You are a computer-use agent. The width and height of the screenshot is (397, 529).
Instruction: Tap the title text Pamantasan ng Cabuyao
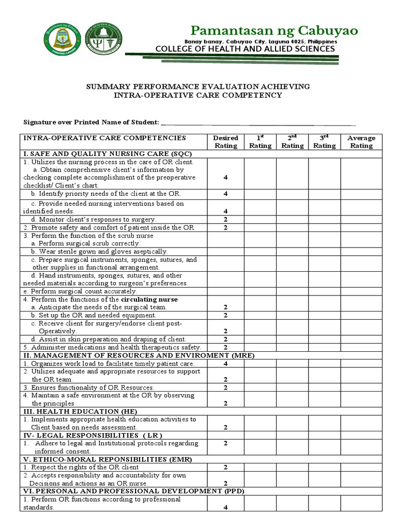[x=274, y=30]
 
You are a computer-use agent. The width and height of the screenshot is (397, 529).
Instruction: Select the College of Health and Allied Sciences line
[x=245, y=49]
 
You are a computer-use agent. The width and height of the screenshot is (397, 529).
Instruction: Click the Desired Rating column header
[x=226, y=142]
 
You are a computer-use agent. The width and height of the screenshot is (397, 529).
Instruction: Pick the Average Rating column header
[x=361, y=142]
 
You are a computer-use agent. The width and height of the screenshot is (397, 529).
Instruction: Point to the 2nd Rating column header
[x=292, y=142]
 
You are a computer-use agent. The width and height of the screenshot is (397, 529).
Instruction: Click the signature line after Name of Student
[x=258, y=122]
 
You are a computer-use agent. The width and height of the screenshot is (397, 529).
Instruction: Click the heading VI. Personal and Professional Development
[x=132, y=491]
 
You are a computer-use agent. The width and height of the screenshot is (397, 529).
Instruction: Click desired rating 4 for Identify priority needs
[x=226, y=194]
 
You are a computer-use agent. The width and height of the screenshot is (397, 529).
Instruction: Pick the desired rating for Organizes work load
[x=226, y=364]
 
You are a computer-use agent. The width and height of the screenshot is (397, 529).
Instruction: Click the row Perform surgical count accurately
[x=80, y=291]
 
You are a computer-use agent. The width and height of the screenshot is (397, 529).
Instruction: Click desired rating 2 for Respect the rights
[x=226, y=467]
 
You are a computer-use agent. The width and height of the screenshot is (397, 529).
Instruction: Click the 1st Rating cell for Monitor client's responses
[x=261, y=220]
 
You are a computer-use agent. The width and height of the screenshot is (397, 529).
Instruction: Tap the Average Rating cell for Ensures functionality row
[x=361, y=387]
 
